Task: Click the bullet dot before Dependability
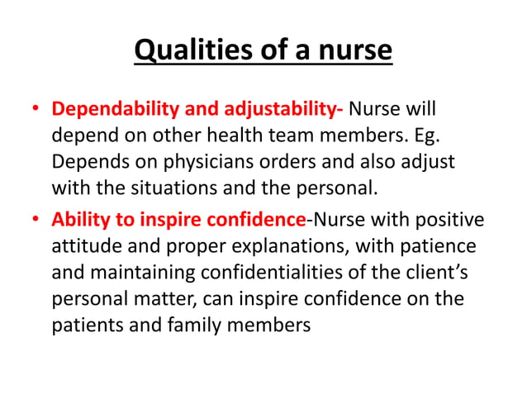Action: pyautogui.click(x=36, y=111)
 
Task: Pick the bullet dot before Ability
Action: pyautogui.click(x=36, y=221)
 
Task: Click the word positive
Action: pyautogui.click(x=451, y=221)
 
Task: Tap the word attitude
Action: pyautogui.click(x=87, y=247)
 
